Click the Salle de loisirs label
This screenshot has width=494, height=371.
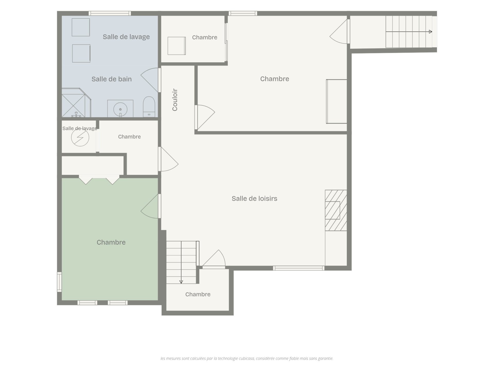click(x=254, y=198)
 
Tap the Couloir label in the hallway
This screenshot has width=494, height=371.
click(x=175, y=100)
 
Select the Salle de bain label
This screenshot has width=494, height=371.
click(x=112, y=79)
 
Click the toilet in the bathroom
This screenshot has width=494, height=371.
click(x=149, y=107)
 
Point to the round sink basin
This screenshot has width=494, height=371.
click(x=120, y=109)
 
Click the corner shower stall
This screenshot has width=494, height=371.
click(x=76, y=103)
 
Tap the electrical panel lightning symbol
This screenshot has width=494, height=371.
click(x=80, y=137)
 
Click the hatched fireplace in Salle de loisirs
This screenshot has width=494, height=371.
click(x=336, y=210)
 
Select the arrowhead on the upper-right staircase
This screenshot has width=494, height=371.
click(x=430, y=32)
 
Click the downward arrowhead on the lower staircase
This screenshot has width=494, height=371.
click(x=181, y=282)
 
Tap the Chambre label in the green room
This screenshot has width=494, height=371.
click(x=111, y=242)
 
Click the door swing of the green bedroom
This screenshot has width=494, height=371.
click(x=149, y=206)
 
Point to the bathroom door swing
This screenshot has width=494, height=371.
click(x=149, y=80)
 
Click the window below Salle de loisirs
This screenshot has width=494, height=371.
click(x=298, y=268)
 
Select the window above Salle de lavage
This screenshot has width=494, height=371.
click(x=110, y=13)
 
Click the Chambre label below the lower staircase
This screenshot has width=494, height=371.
click(x=198, y=294)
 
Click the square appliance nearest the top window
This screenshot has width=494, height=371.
click(x=81, y=27)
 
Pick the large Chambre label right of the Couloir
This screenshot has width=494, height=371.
click(x=275, y=79)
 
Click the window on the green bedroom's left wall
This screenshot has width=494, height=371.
click(x=59, y=282)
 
